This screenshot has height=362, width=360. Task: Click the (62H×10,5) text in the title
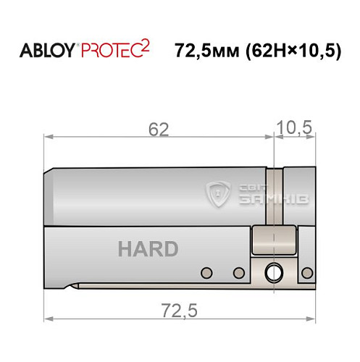(x=293, y=51)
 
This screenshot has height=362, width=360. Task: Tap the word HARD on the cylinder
(x=148, y=249)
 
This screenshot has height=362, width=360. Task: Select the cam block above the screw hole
(x=275, y=240)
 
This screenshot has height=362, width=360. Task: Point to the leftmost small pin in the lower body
(x=206, y=272)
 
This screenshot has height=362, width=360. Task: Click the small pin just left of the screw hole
(x=238, y=273)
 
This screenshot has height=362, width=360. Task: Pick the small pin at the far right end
(x=310, y=273)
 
